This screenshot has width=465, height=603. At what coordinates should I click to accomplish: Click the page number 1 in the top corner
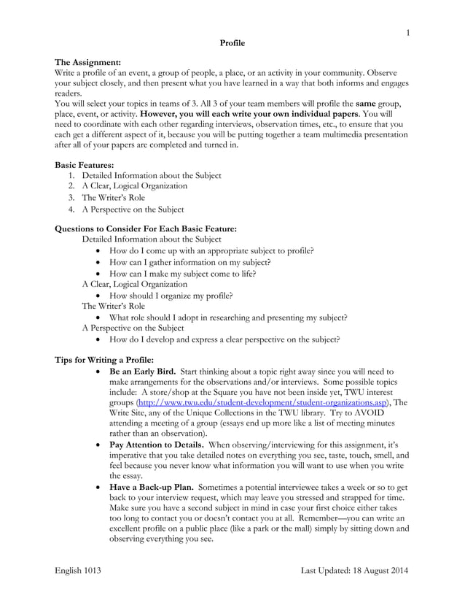click(409, 32)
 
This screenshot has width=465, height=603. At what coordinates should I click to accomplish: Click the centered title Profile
click(232, 43)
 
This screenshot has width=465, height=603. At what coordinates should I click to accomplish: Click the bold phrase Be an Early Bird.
click(142, 371)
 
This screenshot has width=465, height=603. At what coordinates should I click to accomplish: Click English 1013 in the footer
click(79, 569)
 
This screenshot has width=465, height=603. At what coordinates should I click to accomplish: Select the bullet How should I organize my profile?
click(171, 296)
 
